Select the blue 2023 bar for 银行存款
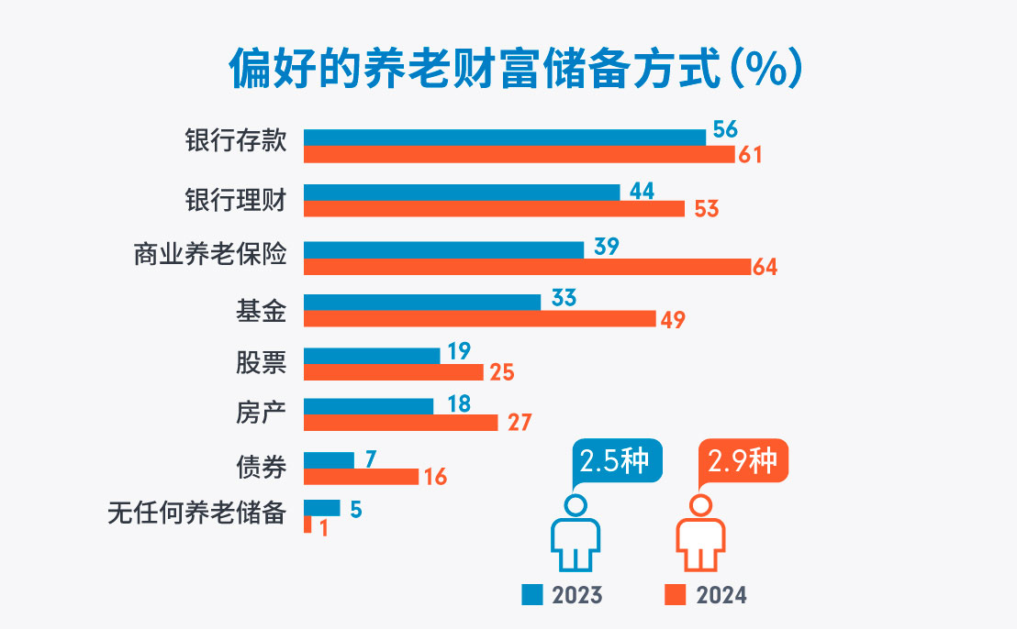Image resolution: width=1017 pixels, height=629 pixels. click(x=505, y=138)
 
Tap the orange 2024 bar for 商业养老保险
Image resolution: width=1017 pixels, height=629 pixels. click(x=527, y=267)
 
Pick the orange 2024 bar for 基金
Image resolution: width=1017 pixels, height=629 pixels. click(x=479, y=318)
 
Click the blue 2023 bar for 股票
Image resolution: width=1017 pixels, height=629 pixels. click(x=372, y=356)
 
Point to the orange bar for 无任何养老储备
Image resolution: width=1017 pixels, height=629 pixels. click(x=307, y=524)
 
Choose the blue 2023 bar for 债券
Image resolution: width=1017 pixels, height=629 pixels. click(x=329, y=459)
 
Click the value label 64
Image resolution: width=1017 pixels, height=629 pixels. click(x=765, y=267)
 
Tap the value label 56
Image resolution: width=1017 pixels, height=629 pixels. click(x=725, y=129)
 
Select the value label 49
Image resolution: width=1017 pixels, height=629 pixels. click(x=673, y=319)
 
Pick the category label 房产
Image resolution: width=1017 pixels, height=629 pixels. click(x=262, y=414)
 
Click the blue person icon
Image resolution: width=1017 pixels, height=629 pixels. click(x=575, y=535)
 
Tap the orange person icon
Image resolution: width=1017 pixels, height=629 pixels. click(x=701, y=535)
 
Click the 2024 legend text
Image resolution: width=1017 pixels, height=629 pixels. click(x=721, y=595)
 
